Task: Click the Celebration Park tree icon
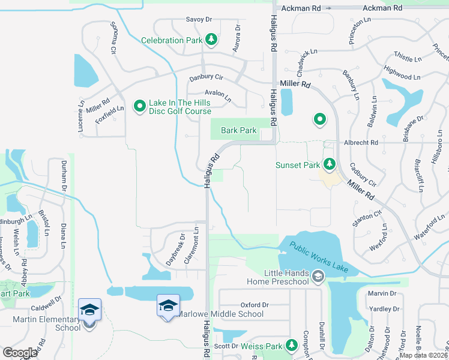(x=211, y=40)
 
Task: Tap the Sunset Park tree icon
(x=328, y=164)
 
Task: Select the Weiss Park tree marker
(x=291, y=345)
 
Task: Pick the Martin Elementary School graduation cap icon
(x=89, y=310)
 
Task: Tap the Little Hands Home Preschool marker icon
(x=318, y=275)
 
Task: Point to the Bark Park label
(x=238, y=130)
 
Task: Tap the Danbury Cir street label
(x=206, y=78)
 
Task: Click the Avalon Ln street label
(x=218, y=94)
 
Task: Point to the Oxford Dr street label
(x=255, y=305)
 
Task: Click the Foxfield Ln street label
(x=109, y=115)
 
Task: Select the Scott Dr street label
(x=226, y=346)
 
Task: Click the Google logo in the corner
(x=20, y=352)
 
